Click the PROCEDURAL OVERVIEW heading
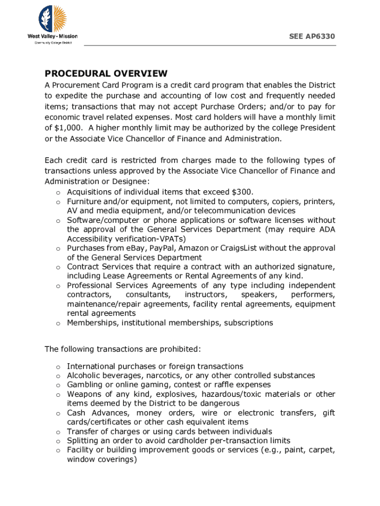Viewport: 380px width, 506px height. [x=106, y=74]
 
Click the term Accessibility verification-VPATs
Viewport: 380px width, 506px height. [x=126, y=239]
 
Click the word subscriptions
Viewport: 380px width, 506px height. [x=248, y=323]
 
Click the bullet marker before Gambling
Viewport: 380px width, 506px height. [x=57, y=385]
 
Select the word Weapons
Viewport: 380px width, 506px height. [x=84, y=394]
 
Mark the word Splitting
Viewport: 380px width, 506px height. [x=82, y=441]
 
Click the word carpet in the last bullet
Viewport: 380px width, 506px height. [x=321, y=450]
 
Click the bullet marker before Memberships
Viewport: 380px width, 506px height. [x=57, y=323]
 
